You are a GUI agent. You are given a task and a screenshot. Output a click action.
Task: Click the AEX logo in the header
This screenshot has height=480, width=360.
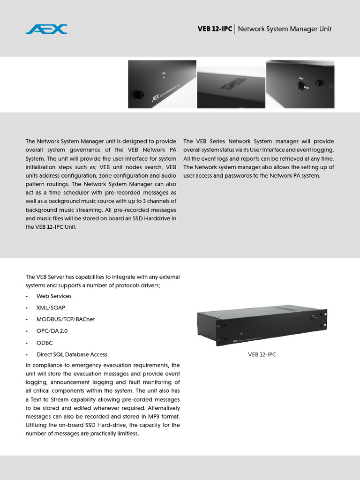(46, 29)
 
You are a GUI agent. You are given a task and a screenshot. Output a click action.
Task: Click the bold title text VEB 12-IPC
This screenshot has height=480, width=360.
(214, 29)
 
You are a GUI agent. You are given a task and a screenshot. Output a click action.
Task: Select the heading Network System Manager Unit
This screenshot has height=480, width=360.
(285, 29)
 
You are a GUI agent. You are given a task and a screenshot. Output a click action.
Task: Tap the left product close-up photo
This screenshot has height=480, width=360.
(162, 84)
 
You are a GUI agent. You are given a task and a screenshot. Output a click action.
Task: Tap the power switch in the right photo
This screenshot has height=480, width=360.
(300, 85)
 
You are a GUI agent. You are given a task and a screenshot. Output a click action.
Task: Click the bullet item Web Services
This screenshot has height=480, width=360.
(54, 296)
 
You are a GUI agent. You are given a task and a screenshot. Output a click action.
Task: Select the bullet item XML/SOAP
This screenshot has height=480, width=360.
(51, 308)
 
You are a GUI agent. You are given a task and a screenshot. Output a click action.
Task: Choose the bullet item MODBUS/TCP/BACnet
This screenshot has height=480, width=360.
(65, 319)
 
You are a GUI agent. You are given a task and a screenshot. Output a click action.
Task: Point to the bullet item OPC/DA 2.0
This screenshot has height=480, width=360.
(52, 331)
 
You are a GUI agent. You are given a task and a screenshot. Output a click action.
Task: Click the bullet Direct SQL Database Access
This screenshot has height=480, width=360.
(72, 354)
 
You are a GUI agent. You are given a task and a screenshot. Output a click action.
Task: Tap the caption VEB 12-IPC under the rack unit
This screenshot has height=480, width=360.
(262, 355)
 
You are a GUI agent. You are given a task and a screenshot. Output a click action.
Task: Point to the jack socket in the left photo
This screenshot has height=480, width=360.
(139, 95)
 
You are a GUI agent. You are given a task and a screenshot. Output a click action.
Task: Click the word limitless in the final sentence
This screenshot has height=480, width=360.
(127, 434)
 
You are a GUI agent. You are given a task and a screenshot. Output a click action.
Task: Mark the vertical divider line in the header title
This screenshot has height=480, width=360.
(235, 29)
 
